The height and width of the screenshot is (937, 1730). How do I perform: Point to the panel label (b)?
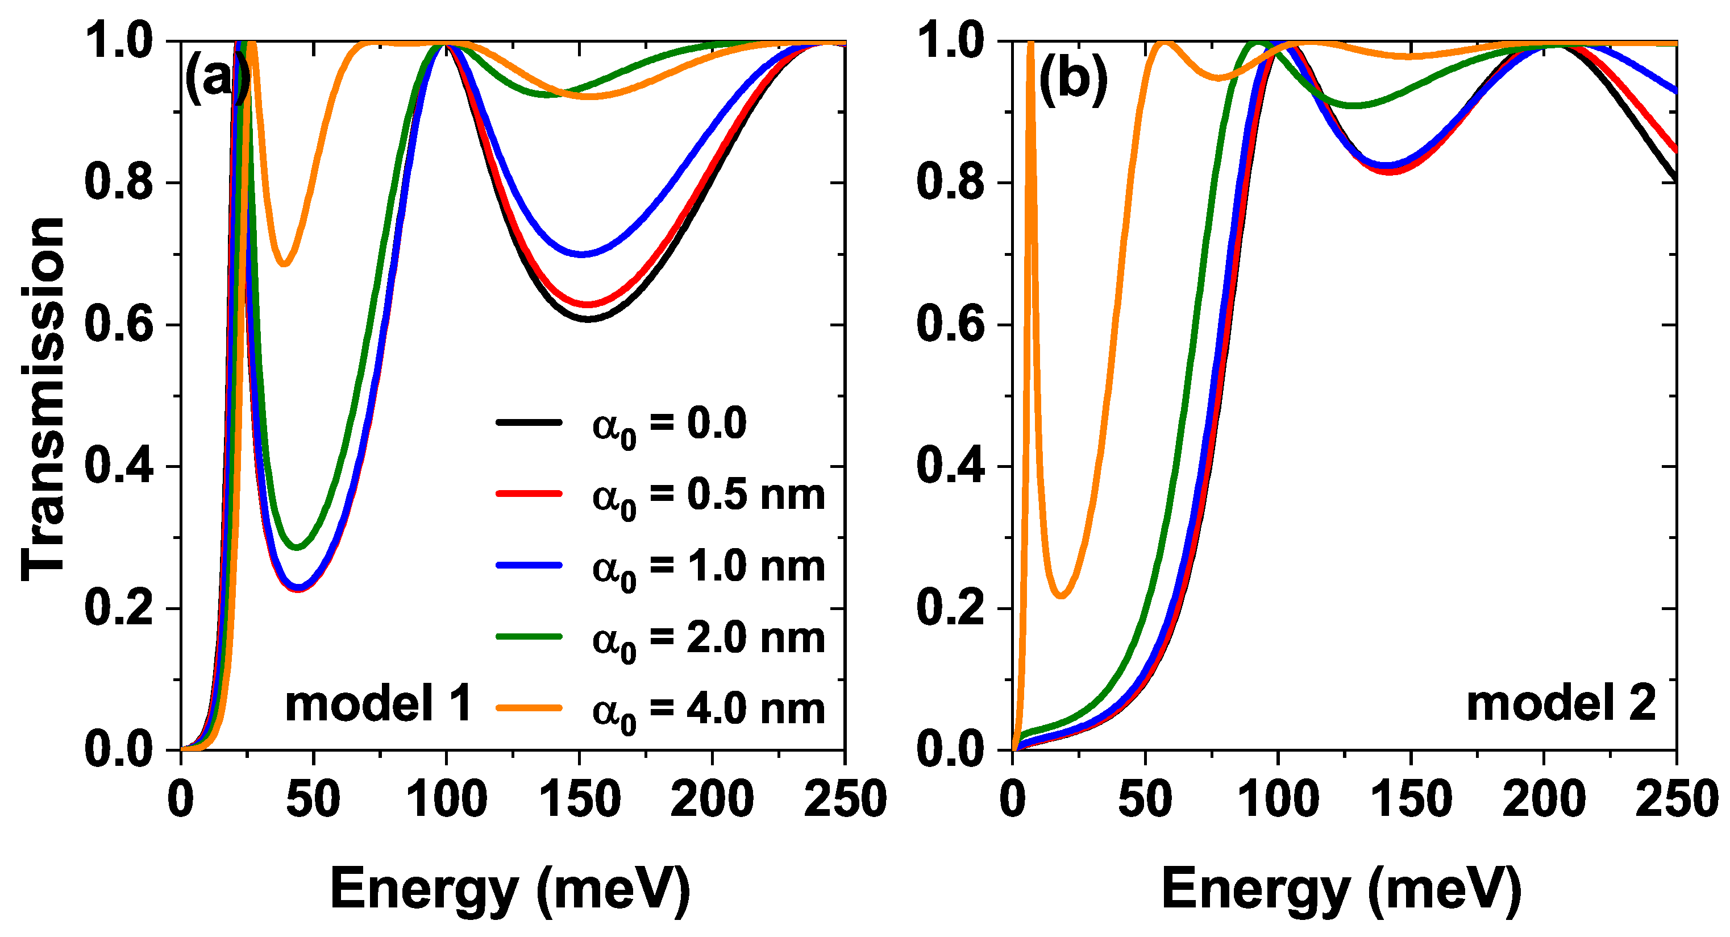(1072, 79)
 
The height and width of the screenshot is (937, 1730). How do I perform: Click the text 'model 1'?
(378, 704)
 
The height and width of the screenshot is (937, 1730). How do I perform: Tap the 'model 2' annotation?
(1561, 704)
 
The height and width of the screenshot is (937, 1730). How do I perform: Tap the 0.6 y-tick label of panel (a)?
(119, 325)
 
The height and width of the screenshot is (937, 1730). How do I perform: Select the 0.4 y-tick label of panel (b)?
(950, 467)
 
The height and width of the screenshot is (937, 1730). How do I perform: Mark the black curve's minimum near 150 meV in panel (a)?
(588, 319)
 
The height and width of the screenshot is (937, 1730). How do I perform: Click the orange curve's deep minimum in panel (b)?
(1061, 595)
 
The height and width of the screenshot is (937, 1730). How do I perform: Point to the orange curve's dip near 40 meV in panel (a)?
(285, 263)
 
